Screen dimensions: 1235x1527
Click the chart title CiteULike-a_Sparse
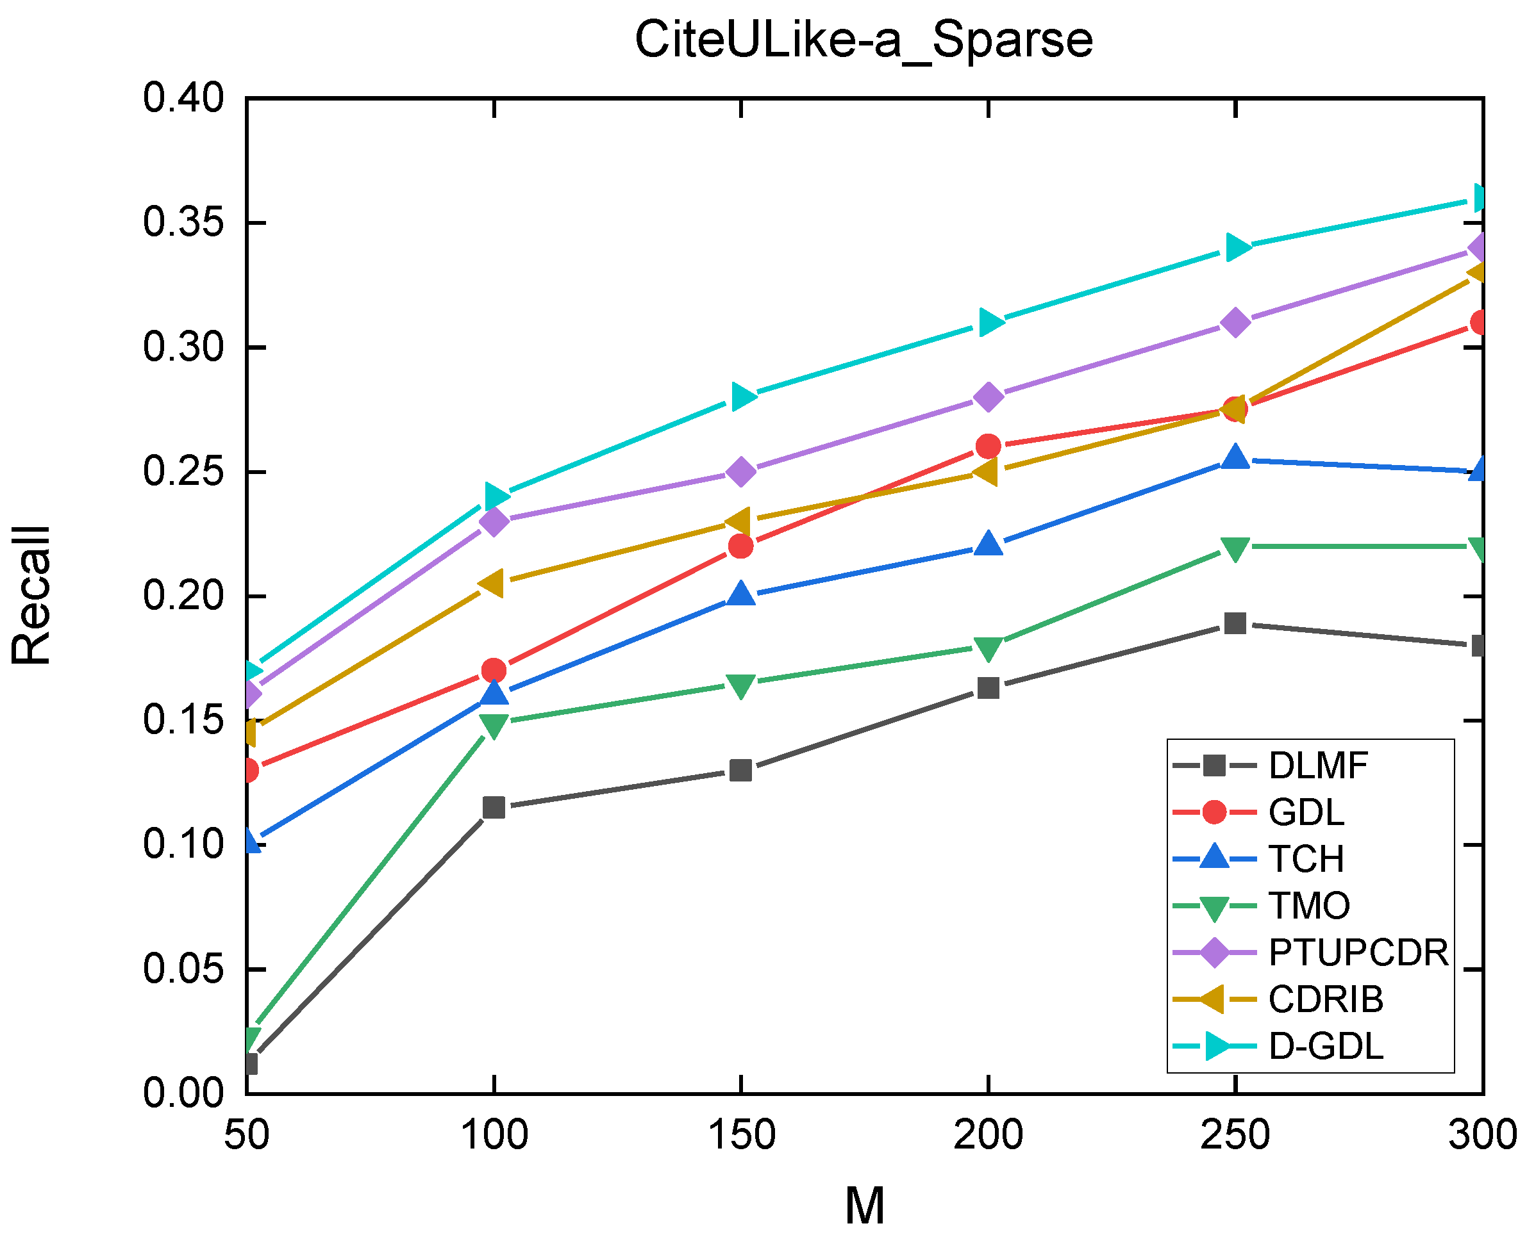863,40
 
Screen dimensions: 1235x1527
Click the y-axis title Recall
31,596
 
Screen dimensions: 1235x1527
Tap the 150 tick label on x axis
741,1134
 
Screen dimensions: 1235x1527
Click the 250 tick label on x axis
1235,1134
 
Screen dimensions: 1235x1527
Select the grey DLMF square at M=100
494,808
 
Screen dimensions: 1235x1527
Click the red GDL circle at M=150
741,546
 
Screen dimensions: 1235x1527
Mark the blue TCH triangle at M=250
1235,458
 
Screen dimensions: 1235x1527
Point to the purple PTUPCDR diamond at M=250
1235,322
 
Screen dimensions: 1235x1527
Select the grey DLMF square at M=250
1235,623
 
